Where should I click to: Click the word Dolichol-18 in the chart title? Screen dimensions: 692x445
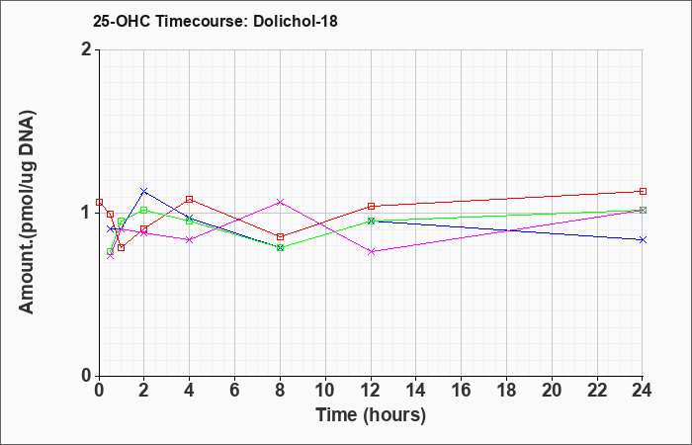coord(296,21)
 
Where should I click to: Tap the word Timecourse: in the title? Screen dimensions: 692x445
coord(202,21)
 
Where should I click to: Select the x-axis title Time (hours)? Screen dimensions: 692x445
coord(371,415)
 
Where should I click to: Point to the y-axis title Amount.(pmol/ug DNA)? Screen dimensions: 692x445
coord(27,212)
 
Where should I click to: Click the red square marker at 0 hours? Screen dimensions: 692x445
coord(99,202)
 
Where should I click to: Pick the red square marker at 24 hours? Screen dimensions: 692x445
coord(643,191)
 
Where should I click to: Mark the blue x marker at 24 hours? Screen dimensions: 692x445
coord(643,239)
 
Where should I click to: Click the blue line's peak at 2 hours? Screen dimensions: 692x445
coord(144,191)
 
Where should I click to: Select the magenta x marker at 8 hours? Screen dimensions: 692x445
coord(280,202)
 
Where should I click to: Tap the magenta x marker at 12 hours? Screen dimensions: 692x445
coord(371,251)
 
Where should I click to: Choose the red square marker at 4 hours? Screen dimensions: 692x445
coord(190,199)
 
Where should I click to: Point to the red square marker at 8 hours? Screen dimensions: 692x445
coord(280,236)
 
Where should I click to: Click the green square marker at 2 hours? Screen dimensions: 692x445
coord(144,210)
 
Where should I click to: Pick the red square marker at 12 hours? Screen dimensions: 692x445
coord(371,206)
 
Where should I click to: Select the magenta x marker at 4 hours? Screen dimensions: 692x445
coord(190,239)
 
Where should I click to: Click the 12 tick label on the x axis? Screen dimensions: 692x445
coord(371,391)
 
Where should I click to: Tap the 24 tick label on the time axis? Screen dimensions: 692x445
coord(642,391)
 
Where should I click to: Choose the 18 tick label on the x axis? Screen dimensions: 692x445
coord(506,391)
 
